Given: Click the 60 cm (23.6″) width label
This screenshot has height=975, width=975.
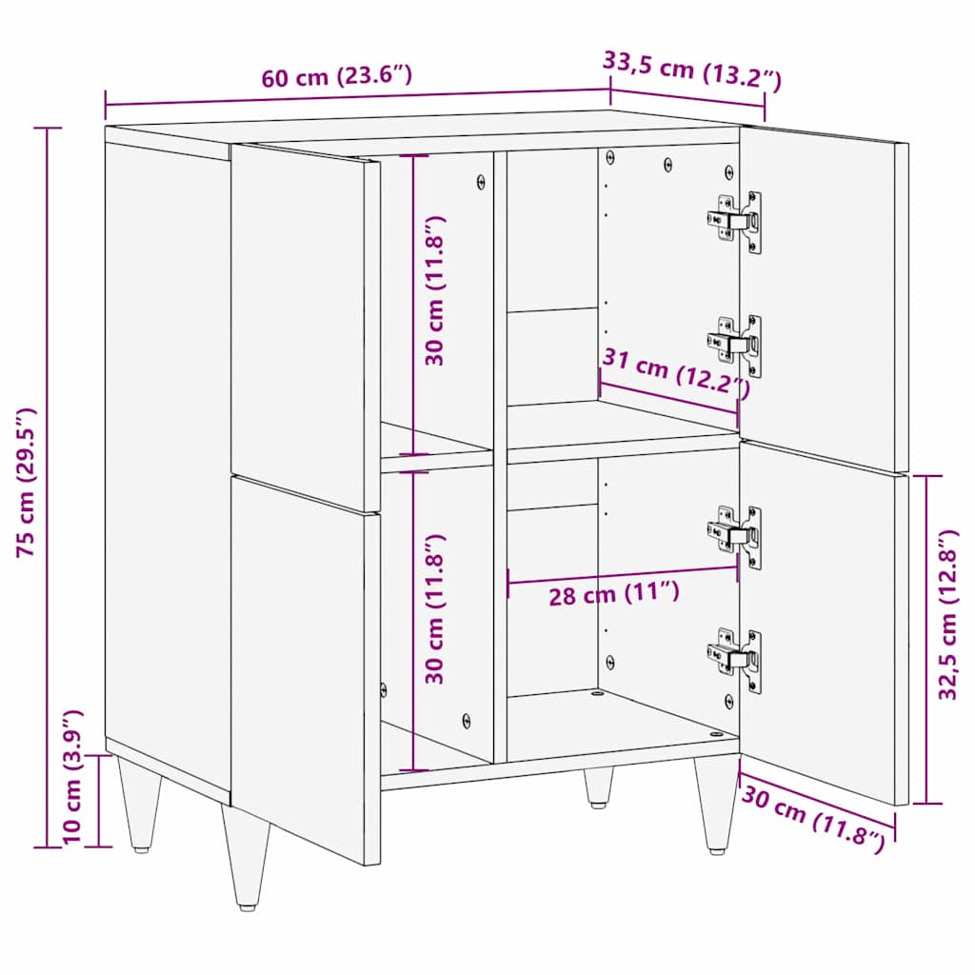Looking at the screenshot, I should [x=337, y=77].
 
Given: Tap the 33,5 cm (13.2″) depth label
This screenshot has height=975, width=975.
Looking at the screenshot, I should [x=692, y=70].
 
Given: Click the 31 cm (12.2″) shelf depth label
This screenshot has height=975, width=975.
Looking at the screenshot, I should [x=675, y=374].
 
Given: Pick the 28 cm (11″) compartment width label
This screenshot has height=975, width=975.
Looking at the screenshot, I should [x=613, y=595].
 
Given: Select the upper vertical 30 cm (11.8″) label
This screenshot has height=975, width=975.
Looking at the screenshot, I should [x=435, y=290].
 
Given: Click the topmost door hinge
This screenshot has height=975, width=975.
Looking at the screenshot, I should [x=735, y=221].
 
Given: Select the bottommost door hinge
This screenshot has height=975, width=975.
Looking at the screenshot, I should [x=735, y=657].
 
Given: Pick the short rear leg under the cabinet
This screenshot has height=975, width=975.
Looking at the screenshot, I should [x=598, y=787].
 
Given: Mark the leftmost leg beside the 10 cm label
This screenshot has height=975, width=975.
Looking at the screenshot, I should [x=137, y=803].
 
